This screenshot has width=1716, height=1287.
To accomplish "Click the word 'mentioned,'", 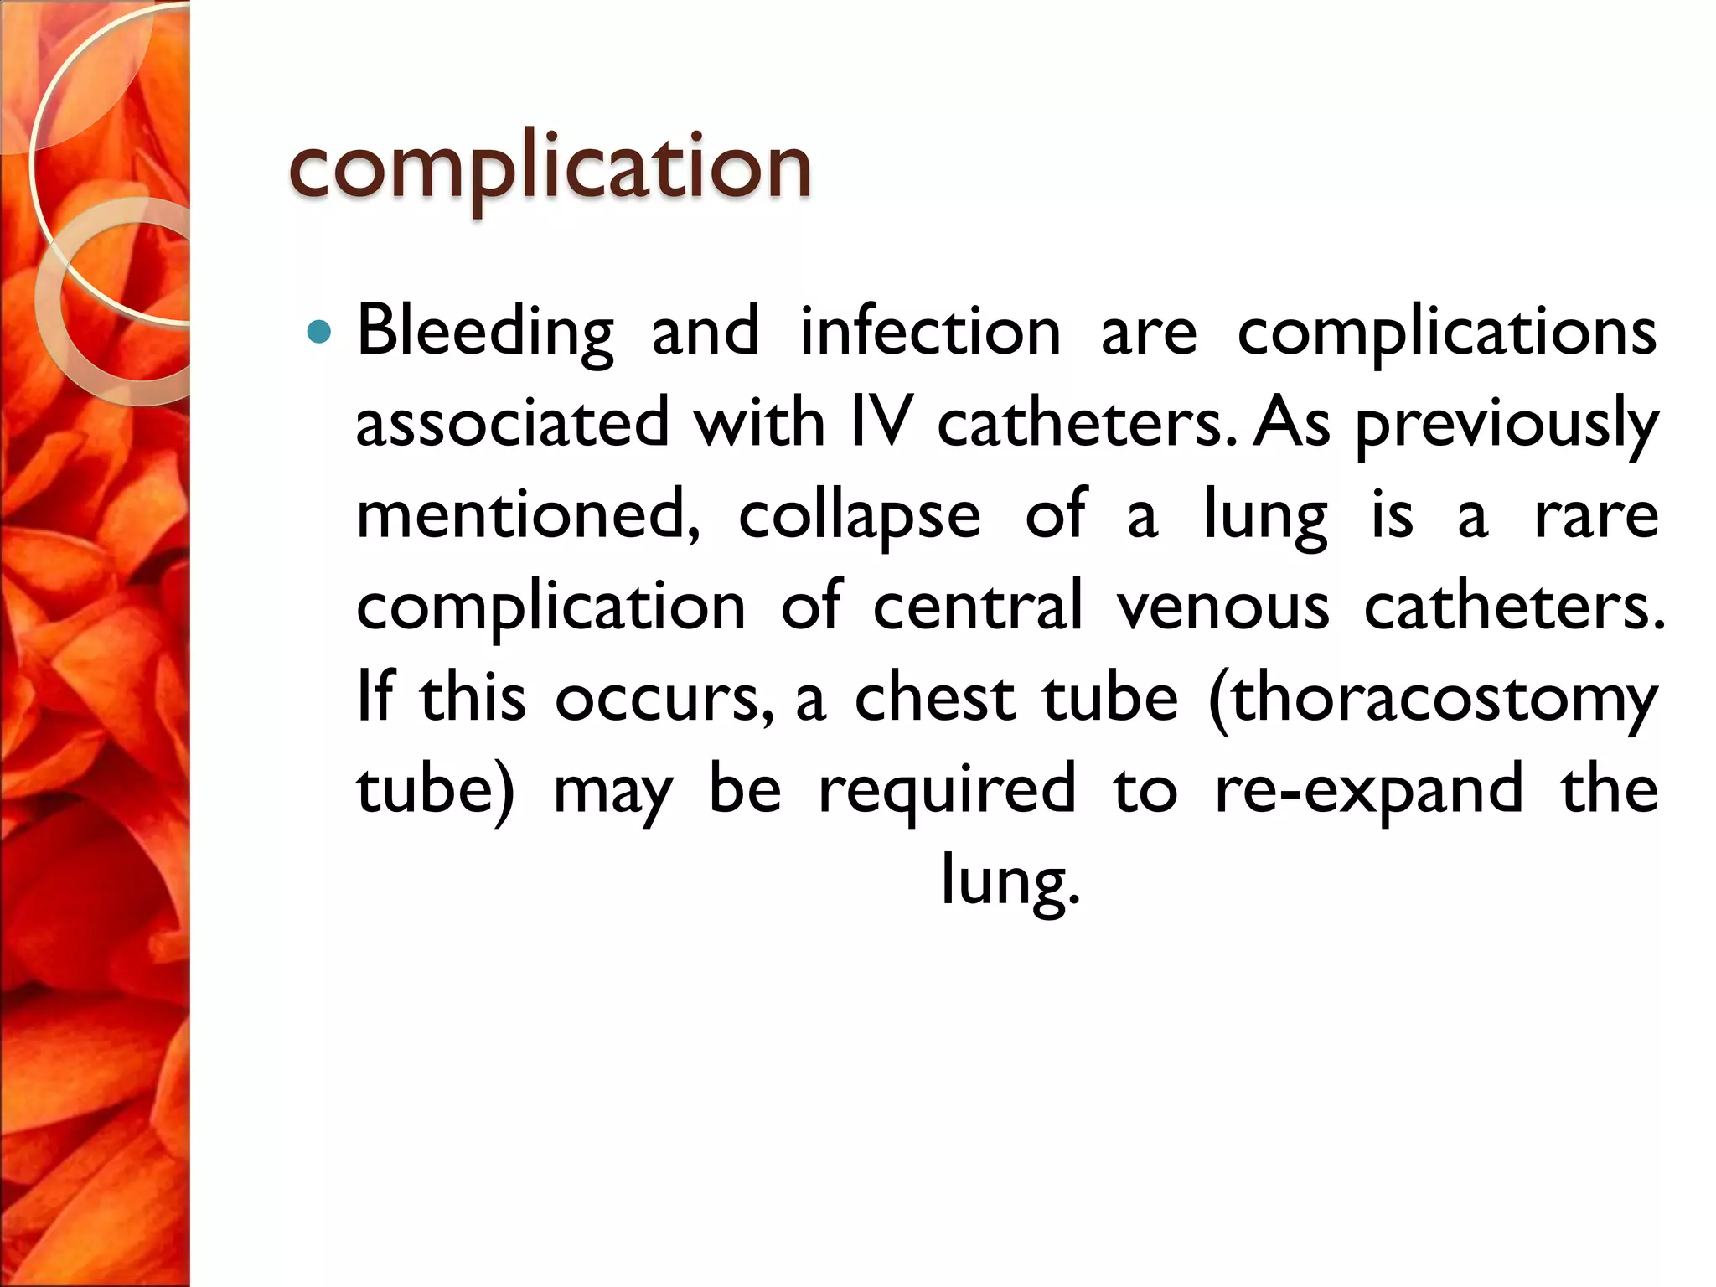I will [x=529, y=514].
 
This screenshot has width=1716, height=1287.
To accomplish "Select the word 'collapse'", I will [x=859, y=514].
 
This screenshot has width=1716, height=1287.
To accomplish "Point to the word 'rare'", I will [x=1596, y=514].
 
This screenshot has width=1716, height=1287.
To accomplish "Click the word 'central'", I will [x=978, y=606].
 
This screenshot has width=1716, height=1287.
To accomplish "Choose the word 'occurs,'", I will [x=664, y=697].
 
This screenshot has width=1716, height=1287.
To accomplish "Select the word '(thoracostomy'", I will [x=1433, y=697].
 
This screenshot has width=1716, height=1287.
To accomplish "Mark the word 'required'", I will [x=947, y=789].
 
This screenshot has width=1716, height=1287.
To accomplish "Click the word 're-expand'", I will [x=1369, y=789].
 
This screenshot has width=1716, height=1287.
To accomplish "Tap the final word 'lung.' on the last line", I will [x=1010, y=881].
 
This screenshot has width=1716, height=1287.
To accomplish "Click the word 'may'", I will [x=613, y=789].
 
